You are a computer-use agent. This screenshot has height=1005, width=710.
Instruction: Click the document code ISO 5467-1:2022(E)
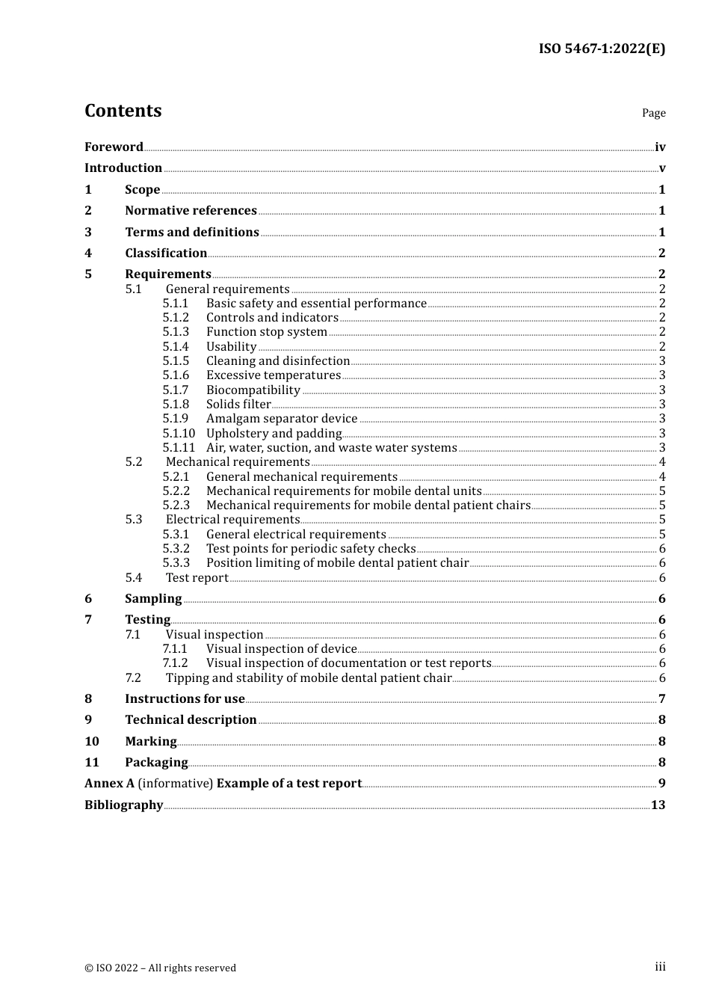click(602, 49)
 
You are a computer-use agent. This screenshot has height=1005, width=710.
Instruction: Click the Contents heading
click(123, 111)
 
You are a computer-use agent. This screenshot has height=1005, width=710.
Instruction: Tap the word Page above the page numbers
click(653, 113)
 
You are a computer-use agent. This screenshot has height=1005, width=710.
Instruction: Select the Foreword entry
click(114, 147)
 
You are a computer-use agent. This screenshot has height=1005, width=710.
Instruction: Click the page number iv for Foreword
click(660, 147)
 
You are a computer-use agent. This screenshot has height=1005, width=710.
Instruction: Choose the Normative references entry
click(191, 211)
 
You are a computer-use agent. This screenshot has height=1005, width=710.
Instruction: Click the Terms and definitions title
click(192, 233)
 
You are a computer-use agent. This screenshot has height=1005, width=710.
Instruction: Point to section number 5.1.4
click(176, 347)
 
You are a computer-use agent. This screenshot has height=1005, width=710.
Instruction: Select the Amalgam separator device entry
click(282, 419)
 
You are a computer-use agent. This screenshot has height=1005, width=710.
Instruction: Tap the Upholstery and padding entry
click(274, 434)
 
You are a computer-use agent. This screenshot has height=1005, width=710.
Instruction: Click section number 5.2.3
click(176, 505)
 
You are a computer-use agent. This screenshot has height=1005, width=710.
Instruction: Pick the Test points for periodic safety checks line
click(310, 549)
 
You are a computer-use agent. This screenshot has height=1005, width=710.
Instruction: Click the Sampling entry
click(153, 599)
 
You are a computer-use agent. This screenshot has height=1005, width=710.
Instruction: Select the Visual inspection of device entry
click(281, 649)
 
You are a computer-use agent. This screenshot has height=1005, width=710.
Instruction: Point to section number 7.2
click(133, 678)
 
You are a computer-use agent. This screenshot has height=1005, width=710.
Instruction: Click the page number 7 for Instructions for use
click(661, 699)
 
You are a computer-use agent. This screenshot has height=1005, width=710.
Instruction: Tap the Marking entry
click(150, 742)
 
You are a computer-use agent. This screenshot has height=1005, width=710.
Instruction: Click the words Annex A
click(109, 784)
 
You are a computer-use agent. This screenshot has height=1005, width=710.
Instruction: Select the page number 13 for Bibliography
click(658, 805)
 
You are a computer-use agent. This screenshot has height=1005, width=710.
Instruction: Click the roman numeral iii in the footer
click(660, 967)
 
